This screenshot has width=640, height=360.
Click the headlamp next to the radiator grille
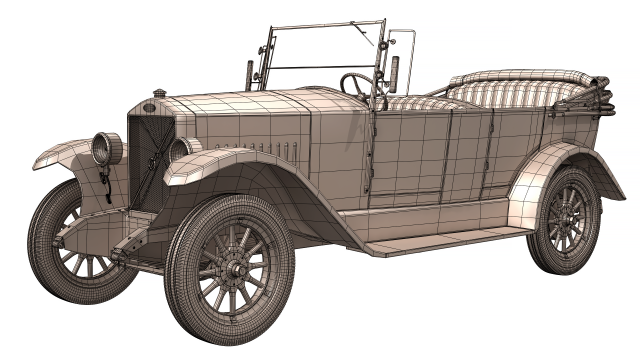(181, 150)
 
